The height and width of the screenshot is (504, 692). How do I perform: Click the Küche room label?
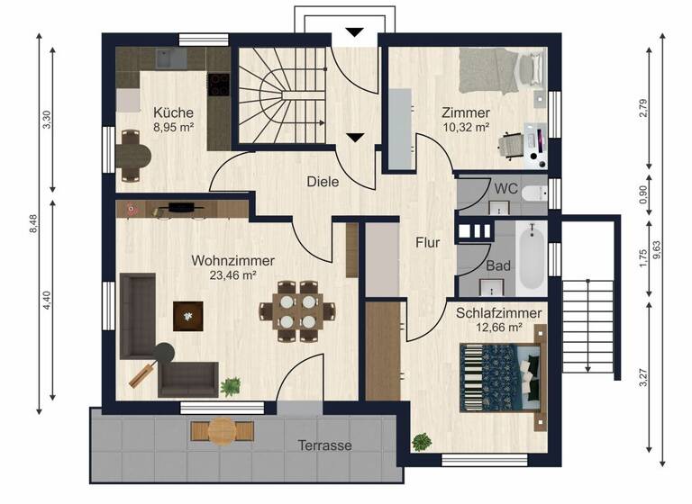pyautogui.click(x=173, y=112)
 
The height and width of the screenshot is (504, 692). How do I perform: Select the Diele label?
pyautogui.click(x=323, y=181)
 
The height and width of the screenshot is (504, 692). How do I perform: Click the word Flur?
pyautogui.click(x=427, y=242)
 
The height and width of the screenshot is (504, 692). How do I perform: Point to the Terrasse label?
pyautogui.click(x=324, y=445)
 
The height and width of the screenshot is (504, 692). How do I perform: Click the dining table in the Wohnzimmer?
pyautogui.click(x=296, y=310)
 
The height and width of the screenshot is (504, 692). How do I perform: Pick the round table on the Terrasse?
pyautogui.click(x=223, y=432)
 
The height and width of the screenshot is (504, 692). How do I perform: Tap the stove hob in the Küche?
pyautogui.click(x=218, y=84)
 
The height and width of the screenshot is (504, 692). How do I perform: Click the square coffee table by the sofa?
pyautogui.click(x=188, y=315)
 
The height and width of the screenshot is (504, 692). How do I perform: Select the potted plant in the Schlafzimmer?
pyautogui.click(x=421, y=442)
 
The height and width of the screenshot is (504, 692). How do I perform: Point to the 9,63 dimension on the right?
pyautogui.click(x=668, y=247)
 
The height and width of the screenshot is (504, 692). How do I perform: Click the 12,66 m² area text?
pyautogui.click(x=498, y=327)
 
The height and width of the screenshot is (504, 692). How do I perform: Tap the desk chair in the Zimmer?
pyautogui.click(x=513, y=143)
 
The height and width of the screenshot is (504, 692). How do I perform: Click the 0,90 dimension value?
pyautogui.click(x=642, y=194)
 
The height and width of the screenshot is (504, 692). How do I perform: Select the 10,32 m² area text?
pyautogui.click(x=466, y=128)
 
